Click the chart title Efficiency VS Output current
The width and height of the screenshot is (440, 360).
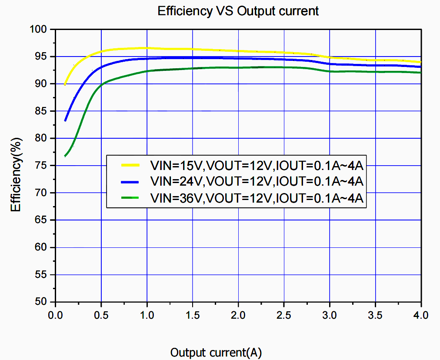pyautogui.click(x=238, y=11)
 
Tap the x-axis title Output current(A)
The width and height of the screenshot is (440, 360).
pyautogui.click(x=216, y=352)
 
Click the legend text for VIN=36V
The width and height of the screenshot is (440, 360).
pyautogui.click(x=257, y=198)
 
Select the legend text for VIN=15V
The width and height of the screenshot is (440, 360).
pyautogui.click(x=257, y=165)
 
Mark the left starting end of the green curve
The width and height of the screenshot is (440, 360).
pyautogui.click(x=65, y=156)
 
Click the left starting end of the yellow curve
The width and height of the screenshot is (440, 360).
pyautogui.click(x=65, y=84)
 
